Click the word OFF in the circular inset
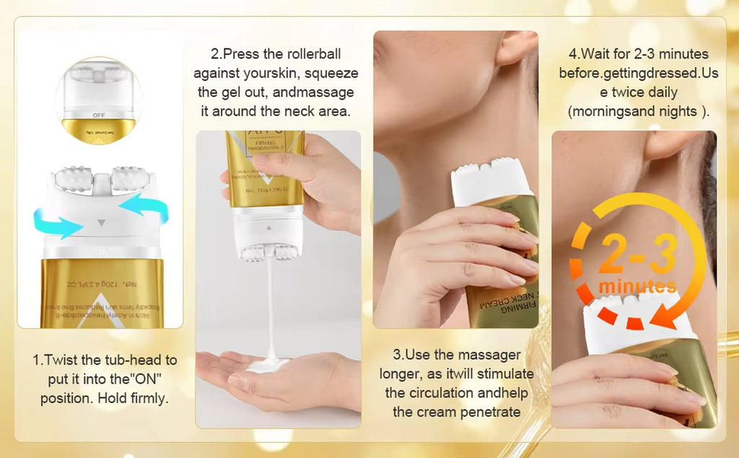coord(99,115)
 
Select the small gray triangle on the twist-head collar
coord(101,223)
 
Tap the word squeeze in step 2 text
coord(326,73)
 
